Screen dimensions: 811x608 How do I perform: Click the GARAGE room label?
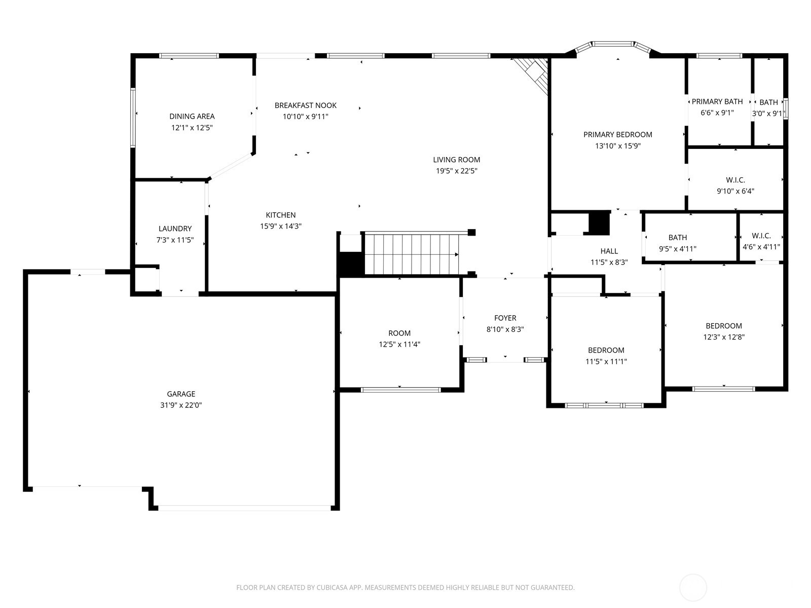(180, 394)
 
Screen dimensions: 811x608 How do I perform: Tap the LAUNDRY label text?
(175, 229)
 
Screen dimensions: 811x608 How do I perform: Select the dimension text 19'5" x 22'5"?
(457, 171)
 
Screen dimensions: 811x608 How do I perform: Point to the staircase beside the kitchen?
(412, 254)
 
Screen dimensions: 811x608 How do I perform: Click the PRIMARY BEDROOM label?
(618, 134)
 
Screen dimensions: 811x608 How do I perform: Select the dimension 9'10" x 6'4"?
(735, 191)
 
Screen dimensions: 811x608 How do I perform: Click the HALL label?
(609, 251)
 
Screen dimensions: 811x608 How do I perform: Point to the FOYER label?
(505, 318)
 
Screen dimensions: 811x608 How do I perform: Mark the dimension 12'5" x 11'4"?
(399, 345)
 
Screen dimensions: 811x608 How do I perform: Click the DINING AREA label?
(192, 117)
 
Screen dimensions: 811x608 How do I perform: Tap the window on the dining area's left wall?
(133, 118)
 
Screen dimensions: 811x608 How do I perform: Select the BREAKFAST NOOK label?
(306, 105)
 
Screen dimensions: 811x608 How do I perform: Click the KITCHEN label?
(281, 215)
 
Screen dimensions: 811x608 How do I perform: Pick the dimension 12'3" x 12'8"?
(724, 337)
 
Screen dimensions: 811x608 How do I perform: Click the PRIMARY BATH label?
(717, 101)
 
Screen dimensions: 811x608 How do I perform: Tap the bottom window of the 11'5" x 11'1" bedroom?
(605, 405)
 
